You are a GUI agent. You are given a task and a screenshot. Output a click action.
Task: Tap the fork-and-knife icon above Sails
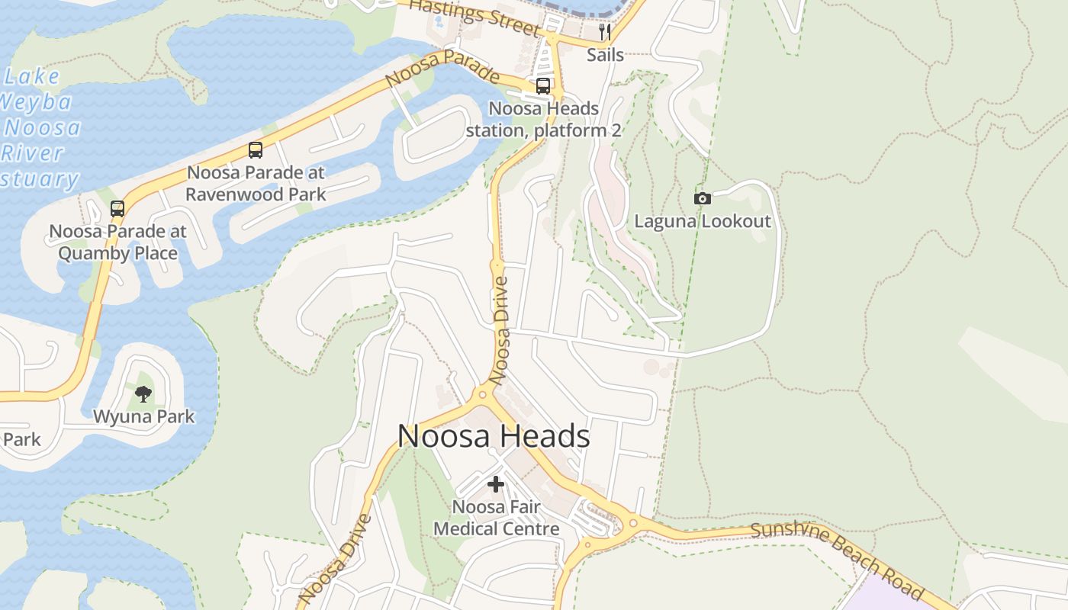coord(605,31)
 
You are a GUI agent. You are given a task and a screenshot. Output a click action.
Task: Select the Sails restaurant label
coord(605,55)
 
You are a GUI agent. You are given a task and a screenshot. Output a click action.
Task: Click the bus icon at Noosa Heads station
coord(542,86)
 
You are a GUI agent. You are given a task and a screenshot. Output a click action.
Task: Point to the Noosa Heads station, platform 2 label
coord(543,120)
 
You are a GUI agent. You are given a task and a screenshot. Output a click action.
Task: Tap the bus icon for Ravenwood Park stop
coord(256,150)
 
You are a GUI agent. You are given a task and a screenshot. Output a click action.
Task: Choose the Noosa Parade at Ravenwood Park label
coord(256,183)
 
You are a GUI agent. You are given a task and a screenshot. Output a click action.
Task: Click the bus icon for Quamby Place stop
coord(117,208)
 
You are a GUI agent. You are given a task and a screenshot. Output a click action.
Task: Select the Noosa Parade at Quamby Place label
coord(117,242)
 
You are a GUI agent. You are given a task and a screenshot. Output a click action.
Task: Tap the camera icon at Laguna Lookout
coord(702,198)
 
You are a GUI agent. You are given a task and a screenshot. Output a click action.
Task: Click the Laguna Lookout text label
coord(703,222)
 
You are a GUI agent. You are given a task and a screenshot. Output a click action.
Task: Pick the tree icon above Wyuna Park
coord(143,393)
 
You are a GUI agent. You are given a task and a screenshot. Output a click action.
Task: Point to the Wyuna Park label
coord(143,417)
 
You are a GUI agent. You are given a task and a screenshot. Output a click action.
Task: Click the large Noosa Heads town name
coord(494,437)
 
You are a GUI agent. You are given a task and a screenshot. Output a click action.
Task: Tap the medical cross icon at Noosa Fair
coord(496,484)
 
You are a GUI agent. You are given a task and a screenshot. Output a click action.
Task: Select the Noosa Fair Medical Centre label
coord(496,518)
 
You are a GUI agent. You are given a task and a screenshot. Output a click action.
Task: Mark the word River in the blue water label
coord(32,153)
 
